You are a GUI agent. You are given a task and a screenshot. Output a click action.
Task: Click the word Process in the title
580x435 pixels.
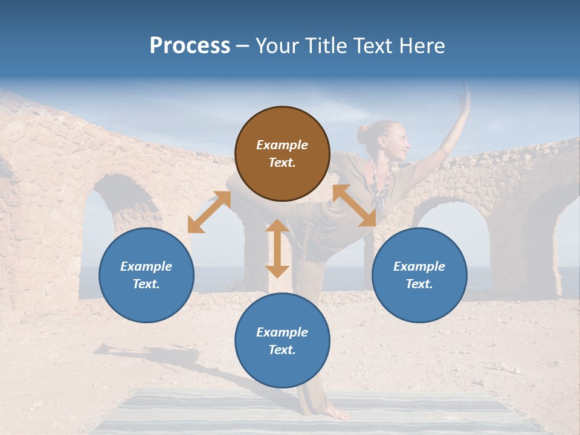click(x=190, y=46)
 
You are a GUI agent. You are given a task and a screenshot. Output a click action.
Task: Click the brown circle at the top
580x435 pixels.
click(x=282, y=153)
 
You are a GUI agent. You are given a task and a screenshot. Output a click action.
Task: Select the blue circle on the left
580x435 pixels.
click(x=146, y=275)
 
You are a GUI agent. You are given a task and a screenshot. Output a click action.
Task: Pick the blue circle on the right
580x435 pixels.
click(x=419, y=275)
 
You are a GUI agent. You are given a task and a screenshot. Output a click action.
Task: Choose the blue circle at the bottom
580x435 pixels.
click(x=282, y=341)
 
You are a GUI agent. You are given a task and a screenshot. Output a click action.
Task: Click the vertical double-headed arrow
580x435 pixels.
click(x=277, y=248)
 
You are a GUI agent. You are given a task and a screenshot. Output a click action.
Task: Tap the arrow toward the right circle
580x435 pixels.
click(x=354, y=205)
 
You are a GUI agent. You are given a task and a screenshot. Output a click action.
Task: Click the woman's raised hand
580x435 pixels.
click(x=465, y=97)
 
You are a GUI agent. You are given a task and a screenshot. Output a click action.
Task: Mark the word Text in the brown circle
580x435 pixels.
click(x=282, y=163)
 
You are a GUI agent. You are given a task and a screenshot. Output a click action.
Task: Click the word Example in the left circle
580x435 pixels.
click(x=146, y=266)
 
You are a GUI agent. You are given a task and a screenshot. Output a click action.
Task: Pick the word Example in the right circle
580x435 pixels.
click(x=419, y=266)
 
